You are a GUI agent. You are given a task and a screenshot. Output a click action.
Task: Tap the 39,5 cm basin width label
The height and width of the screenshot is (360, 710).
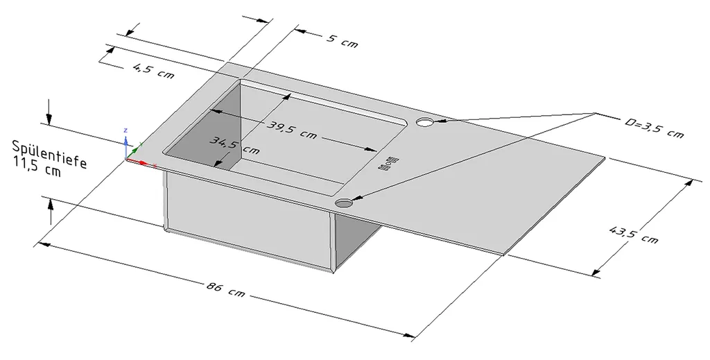(292, 130)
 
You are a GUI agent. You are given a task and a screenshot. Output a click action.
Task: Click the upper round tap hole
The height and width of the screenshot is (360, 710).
(424, 123)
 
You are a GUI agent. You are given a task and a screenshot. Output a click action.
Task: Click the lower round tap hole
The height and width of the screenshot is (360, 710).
(344, 203)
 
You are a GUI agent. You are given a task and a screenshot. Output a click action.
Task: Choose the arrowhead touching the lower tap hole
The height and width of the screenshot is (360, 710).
(356, 199)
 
